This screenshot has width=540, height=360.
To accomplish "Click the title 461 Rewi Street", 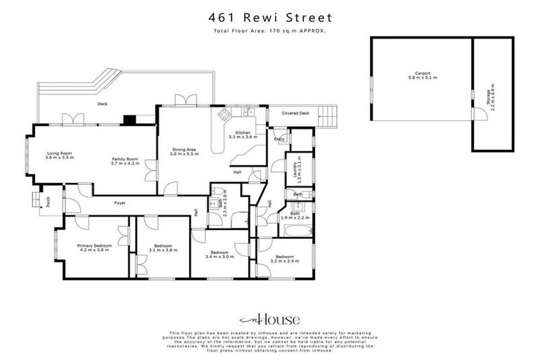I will coord(270,18).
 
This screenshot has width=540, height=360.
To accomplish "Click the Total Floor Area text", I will coord(270,31).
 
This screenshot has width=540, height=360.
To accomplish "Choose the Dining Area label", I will coord(184,151).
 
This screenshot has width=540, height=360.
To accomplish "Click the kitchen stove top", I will coord(224,114).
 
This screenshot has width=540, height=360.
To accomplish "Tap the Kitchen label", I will coord(243,134).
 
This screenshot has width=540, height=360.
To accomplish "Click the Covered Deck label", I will coord(295,112).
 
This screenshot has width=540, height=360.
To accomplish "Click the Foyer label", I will coord(119,203).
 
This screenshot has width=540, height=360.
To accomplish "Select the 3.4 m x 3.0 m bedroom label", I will coord(220,254).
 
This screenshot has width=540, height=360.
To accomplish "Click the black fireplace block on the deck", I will coord(130,120).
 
